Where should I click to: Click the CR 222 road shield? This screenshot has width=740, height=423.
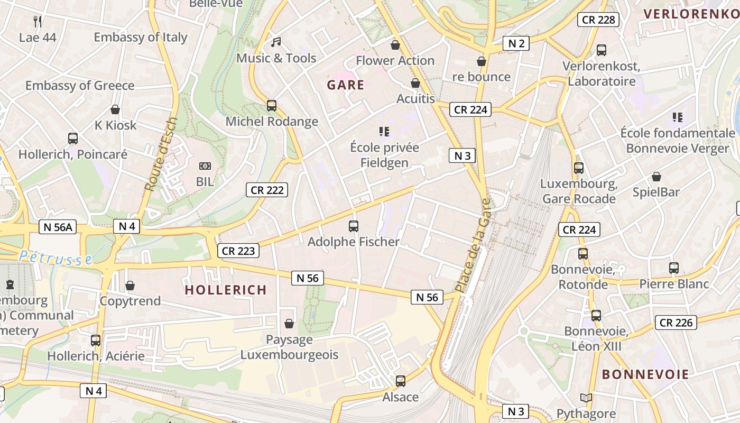coord(267,190)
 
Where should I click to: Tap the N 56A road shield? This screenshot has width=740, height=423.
coord(58,227)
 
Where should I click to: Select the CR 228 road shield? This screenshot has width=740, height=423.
coord(598,20)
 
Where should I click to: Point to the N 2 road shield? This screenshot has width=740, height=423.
coord(516,43)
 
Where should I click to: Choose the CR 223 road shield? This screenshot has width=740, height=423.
coord(238,251)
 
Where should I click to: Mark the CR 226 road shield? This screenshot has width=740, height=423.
coord(676,322)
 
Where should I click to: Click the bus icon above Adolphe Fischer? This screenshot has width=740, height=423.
coord(354,226)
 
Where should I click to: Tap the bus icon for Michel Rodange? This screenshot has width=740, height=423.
coord(272,106)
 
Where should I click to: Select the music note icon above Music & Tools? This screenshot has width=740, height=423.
coord(276,42)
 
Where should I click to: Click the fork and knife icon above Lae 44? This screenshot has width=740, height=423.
coord(38,22)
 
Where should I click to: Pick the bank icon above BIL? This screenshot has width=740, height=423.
coord(205,166)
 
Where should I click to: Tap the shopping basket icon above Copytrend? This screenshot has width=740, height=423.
coord(130,286)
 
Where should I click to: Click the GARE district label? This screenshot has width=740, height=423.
coord(346,85)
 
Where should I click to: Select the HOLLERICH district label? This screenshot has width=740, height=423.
coord(226,290)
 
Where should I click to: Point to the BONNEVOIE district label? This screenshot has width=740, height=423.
coord(645,374)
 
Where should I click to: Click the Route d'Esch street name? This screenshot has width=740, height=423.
coord(161,154)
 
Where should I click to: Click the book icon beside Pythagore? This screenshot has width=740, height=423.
coord(586,398)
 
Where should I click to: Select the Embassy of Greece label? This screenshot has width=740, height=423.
coord(80,86)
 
